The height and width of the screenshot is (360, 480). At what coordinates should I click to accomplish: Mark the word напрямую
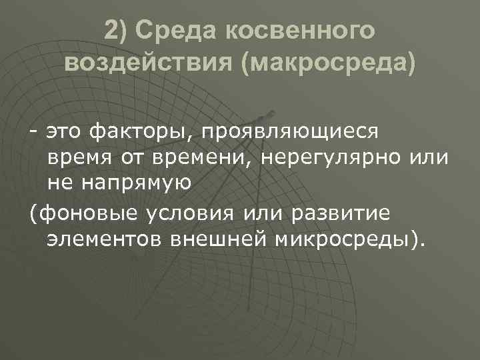pos(138,182)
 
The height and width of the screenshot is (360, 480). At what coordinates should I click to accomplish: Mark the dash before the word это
pos(33,133)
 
